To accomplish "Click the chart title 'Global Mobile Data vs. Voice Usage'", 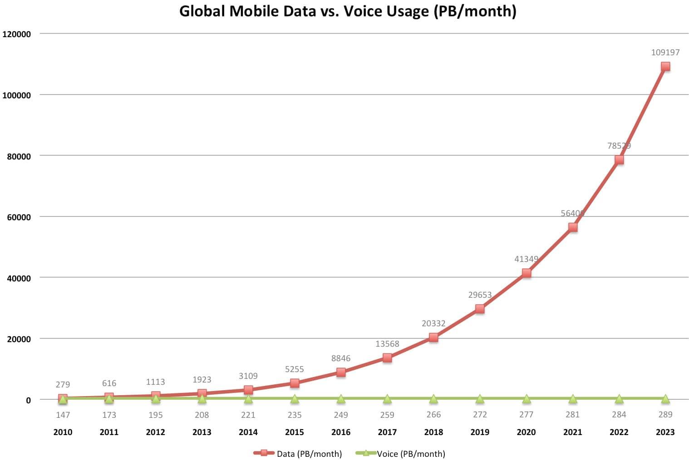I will (x=348, y=11).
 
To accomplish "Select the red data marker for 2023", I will (x=665, y=67).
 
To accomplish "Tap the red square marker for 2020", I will (x=526, y=273).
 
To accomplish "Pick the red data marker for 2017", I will (x=387, y=358).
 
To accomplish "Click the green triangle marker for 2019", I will (x=480, y=399).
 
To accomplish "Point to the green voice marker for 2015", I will (x=295, y=399).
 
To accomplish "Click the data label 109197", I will (x=665, y=52).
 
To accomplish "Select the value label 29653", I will (x=480, y=295).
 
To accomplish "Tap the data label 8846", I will (x=341, y=358).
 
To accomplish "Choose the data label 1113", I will (x=155, y=382).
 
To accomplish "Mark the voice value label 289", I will (x=665, y=414).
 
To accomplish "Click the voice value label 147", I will (x=63, y=415).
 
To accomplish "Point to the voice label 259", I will (x=387, y=414).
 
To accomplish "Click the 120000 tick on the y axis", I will (x=17, y=34).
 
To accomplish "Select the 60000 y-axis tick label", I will (x=19, y=217).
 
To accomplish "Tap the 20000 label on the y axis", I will (x=19, y=339).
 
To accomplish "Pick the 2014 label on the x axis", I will (x=248, y=432).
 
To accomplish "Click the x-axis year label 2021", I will (x=572, y=432).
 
